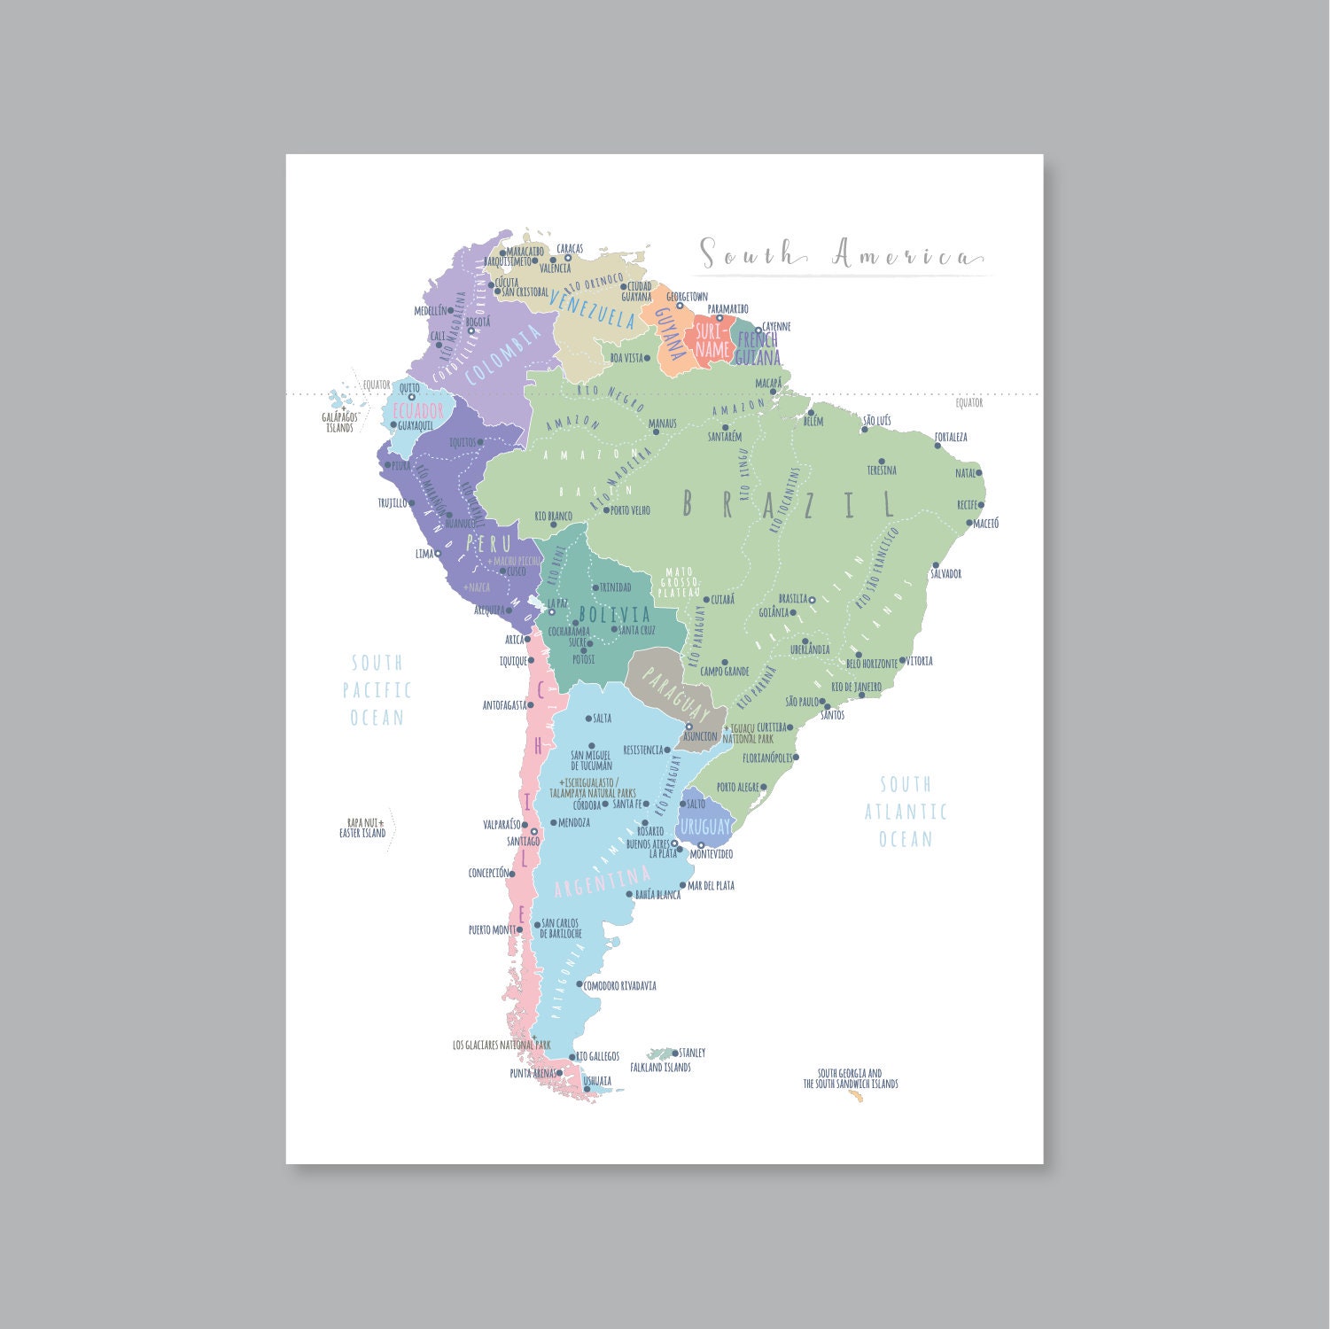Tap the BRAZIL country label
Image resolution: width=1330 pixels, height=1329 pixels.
[x=789, y=504]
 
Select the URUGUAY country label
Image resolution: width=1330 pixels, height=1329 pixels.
[x=706, y=827]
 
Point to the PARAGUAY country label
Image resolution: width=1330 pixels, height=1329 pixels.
[x=676, y=696]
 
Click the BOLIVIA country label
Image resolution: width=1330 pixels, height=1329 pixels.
[x=614, y=614]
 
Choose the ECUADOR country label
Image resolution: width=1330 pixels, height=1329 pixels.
[x=417, y=411]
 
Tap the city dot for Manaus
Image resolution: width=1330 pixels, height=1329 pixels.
[x=657, y=431]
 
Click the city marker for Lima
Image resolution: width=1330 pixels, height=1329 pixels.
[x=438, y=554]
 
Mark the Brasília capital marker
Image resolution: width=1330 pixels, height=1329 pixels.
[x=812, y=600]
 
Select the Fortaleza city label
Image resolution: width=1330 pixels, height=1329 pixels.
[x=951, y=437]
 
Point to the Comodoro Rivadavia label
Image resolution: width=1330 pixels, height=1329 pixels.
[x=619, y=985]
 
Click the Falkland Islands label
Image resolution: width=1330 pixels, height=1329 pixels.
[x=660, y=1068]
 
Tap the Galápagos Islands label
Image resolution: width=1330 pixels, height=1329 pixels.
[x=339, y=422]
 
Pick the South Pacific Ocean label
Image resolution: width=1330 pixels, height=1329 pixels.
[x=377, y=690]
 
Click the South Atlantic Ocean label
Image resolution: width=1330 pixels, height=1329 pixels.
[x=906, y=812]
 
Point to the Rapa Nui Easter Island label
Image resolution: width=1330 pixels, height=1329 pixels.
[x=362, y=828]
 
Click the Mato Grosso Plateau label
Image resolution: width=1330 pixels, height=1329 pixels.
[x=680, y=581]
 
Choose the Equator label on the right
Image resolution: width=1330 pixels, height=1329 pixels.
[x=968, y=402]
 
